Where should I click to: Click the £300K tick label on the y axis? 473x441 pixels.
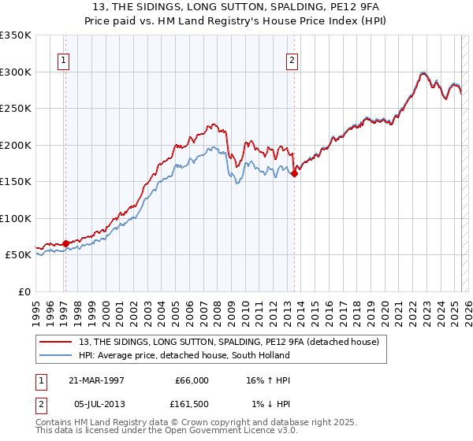pyautogui.click(x=16, y=72)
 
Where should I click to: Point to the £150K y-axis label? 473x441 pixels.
pyautogui.click(x=16, y=181)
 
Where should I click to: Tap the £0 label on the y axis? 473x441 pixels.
pyautogui.click(x=24, y=291)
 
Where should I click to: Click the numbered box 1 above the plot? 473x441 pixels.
pyautogui.click(x=62, y=59)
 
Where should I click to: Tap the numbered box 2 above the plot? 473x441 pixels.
pyautogui.click(x=292, y=59)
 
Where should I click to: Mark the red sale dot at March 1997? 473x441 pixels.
pyautogui.click(x=65, y=243)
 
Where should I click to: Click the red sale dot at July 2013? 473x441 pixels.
pyautogui.click(x=294, y=174)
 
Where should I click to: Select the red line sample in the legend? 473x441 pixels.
pyautogui.click(x=58, y=342)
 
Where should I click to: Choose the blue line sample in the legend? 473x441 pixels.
pyautogui.click(x=58, y=355)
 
